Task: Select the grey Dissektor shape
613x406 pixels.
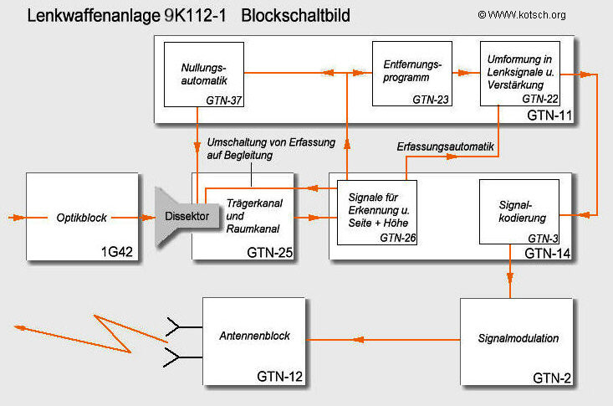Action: coord(186,217)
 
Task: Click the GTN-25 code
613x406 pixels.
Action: coord(268,251)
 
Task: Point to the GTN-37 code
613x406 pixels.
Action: coord(223,100)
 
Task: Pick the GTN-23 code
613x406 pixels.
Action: coord(431,100)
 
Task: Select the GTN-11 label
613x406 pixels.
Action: coord(549,115)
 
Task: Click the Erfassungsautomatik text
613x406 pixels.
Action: coord(446,146)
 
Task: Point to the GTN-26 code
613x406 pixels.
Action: coord(398,238)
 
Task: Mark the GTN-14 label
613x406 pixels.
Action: coord(549,251)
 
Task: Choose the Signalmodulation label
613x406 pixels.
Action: coord(518,339)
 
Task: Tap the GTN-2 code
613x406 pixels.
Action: coord(552,379)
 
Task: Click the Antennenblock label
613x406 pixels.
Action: coord(254,336)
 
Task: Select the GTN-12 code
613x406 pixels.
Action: coord(278,377)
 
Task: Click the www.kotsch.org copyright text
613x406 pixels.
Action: coord(534,14)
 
